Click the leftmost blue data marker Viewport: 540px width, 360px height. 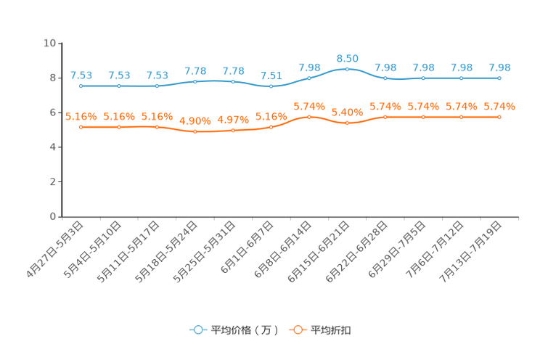click(x=81, y=86)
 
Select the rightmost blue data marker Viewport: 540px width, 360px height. click(x=499, y=78)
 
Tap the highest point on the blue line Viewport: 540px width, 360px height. click(x=348, y=69)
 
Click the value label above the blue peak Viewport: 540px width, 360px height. click(x=348, y=58)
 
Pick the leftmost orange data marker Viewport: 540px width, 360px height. click(x=81, y=127)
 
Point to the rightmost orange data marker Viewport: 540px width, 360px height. click(x=499, y=116)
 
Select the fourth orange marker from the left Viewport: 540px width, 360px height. click(x=195, y=132)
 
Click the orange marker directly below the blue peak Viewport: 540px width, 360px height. click(x=348, y=123)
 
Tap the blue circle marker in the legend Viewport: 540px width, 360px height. click(x=198, y=330)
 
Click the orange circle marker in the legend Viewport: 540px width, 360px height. click(x=298, y=330)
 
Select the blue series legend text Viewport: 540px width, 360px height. click(x=245, y=330)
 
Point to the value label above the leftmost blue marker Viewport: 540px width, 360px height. click(x=81, y=75)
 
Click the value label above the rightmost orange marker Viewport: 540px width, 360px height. click(x=499, y=107)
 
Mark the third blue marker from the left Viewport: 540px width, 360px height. click(x=157, y=86)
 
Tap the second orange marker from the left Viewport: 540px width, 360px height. click(x=119, y=127)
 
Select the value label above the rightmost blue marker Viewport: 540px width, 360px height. click(x=499, y=67)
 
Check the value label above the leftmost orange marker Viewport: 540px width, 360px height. click(x=81, y=116)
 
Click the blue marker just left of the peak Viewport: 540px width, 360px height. click(x=309, y=78)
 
